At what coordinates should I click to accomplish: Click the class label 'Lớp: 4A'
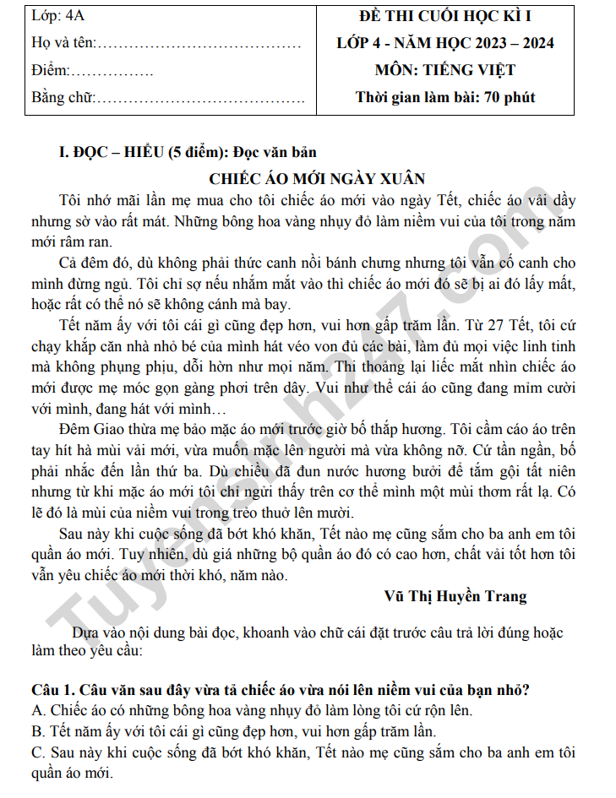pos(56,17)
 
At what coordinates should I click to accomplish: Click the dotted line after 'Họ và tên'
pos(199,43)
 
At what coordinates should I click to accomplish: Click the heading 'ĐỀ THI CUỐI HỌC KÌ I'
pos(445,17)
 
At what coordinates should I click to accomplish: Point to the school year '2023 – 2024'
pos(512,43)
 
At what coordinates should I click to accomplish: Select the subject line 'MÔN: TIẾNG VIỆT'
pos(445,70)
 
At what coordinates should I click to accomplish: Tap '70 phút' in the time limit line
pos(510,97)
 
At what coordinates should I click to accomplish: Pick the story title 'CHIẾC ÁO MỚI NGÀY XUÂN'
pos(316,178)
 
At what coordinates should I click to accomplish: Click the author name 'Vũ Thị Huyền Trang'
pos(455,596)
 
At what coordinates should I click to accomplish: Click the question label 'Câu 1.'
pos(52,689)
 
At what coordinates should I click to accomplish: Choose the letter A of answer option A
pos(36,710)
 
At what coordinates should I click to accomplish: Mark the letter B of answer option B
pos(36,731)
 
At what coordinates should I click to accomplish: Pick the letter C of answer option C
pos(36,752)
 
